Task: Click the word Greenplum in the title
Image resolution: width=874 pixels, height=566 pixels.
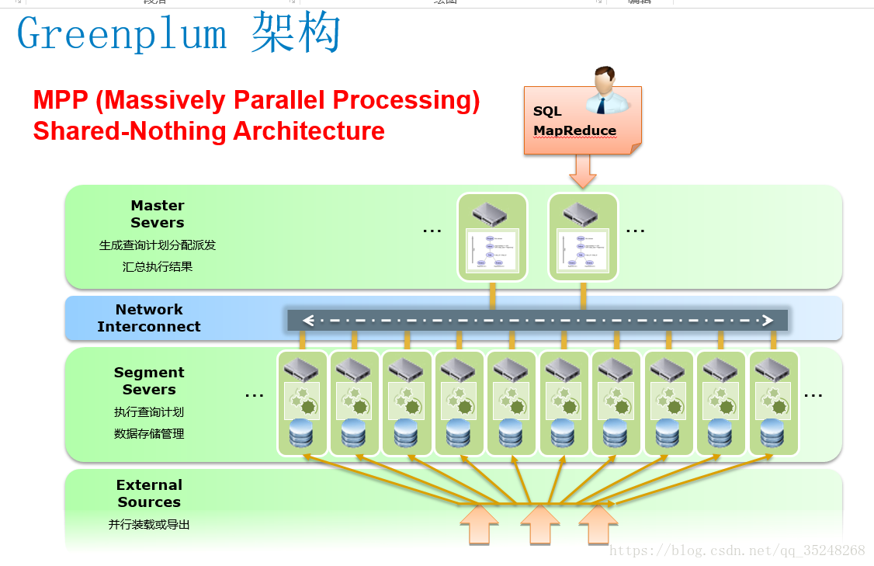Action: [122, 35]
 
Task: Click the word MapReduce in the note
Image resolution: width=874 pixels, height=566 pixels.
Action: [574, 130]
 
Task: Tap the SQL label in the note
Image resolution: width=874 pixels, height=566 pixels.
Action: [547, 111]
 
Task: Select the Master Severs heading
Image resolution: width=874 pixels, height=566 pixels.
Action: [158, 214]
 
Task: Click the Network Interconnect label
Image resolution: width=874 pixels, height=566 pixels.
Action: [149, 318]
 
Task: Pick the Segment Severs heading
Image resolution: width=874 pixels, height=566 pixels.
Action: [149, 381]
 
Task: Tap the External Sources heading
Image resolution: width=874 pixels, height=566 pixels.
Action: [149, 494]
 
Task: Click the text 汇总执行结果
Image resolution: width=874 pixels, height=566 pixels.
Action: [158, 266]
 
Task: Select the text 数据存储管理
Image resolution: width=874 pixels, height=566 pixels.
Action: [149, 433]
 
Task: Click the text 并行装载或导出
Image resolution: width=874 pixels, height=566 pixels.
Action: [149, 524]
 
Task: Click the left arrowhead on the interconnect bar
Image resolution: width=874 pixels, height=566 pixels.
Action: [308, 320]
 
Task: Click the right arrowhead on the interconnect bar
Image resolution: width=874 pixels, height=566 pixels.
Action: [768, 320]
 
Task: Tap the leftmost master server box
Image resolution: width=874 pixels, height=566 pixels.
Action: [492, 238]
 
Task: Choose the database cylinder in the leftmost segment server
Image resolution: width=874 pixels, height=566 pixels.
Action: [302, 433]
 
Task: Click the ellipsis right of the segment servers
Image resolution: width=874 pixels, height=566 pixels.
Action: [813, 395]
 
